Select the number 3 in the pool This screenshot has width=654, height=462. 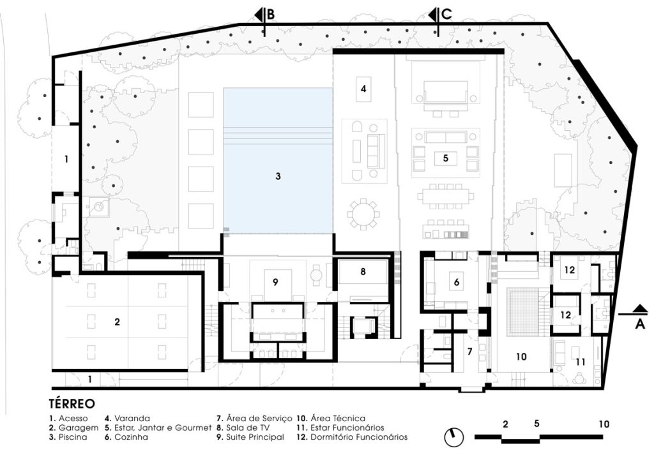click(x=278, y=175)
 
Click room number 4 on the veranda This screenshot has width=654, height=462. click(x=363, y=89)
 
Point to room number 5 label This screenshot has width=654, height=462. click(x=446, y=156)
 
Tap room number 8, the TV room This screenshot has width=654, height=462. click(x=363, y=271)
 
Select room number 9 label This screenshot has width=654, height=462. click(x=275, y=281)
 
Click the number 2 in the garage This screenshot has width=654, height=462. click(x=117, y=322)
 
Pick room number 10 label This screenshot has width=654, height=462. click(x=521, y=356)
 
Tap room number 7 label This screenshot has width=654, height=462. click(x=469, y=351)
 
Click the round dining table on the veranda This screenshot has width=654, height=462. click(x=364, y=214)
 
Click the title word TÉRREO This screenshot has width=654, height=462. click(x=72, y=404)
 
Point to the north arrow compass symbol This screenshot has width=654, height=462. click(x=453, y=437)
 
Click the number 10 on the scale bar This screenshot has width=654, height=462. click(x=604, y=424)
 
